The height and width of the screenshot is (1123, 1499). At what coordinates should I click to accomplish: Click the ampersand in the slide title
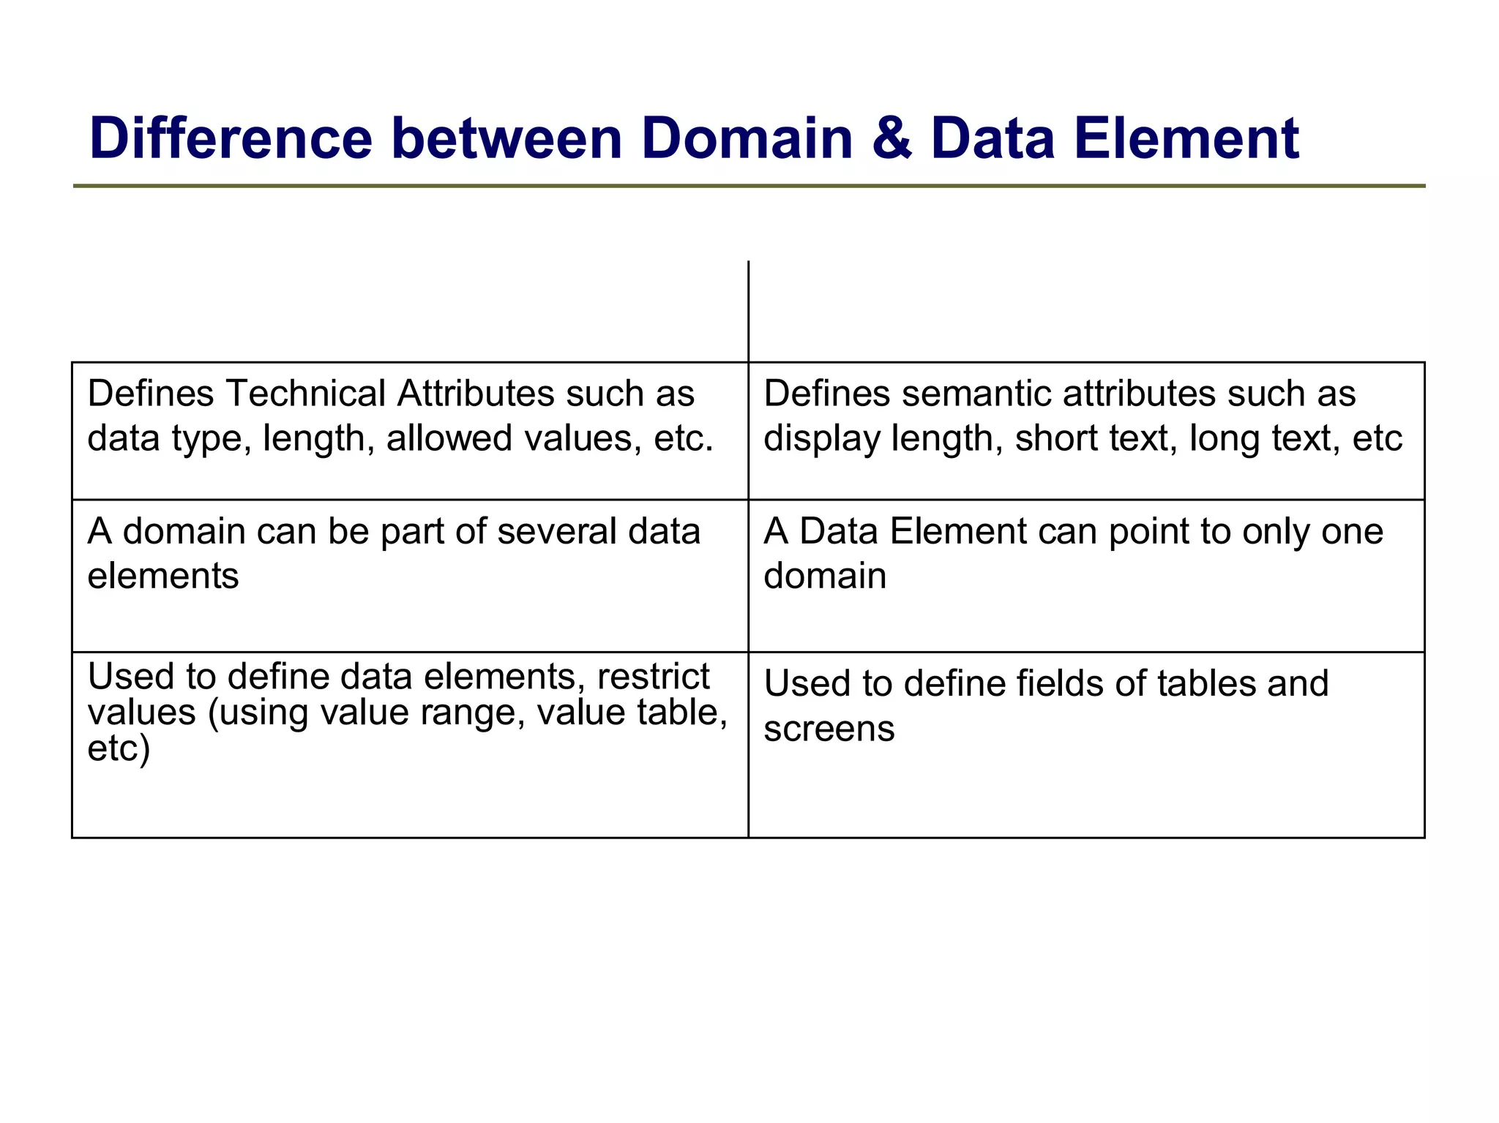pyautogui.click(x=891, y=138)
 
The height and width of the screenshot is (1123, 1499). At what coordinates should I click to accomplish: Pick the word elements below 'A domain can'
pyautogui.click(x=163, y=576)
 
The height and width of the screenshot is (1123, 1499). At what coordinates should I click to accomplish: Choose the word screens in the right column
pyautogui.click(x=829, y=729)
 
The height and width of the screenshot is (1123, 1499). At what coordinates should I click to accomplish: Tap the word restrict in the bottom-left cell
pyautogui.click(x=653, y=676)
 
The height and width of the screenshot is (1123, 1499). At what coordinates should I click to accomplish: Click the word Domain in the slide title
pyautogui.click(x=747, y=138)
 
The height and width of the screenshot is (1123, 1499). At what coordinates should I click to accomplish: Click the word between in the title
pyautogui.click(x=506, y=138)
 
